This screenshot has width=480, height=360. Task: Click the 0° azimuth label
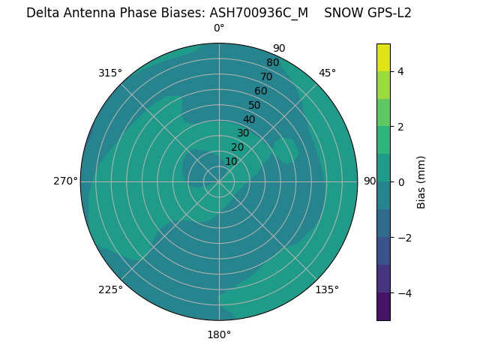pyautogui.click(x=219, y=28)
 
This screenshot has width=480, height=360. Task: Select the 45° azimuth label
pyautogui.click(x=327, y=73)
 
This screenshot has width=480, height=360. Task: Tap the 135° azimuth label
pyautogui.click(x=327, y=289)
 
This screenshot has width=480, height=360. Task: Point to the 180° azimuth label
pyautogui.click(x=219, y=334)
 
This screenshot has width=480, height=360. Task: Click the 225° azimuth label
pyautogui.click(x=110, y=289)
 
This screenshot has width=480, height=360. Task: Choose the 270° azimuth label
pyautogui.click(x=65, y=181)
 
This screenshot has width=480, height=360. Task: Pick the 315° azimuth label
pyautogui.click(x=110, y=73)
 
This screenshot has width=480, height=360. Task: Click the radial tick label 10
pyautogui.click(x=231, y=161)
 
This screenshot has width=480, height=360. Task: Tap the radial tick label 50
pyautogui.click(x=254, y=106)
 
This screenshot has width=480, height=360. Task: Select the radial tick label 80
pyautogui.click(x=272, y=63)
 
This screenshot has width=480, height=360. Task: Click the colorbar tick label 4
pyautogui.click(x=400, y=71)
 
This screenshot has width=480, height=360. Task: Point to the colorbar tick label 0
pyautogui.click(x=400, y=181)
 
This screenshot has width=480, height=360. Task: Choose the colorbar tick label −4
pyautogui.click(x=403, y=292)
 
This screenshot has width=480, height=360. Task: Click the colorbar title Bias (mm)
pyautogui.click(x=421, y=181)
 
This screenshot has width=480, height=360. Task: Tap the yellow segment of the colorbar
pyautogui.click(x=383, y=57)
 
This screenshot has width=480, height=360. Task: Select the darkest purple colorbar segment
pyautogui.click(x=383, y=306)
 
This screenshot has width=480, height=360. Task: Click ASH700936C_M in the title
pyautogui.click(x=259, y=13)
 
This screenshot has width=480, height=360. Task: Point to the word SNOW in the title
pyautogui.click(x=342, y=13)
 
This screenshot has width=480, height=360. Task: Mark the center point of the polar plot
pyautogui.click(x=219, y=181)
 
